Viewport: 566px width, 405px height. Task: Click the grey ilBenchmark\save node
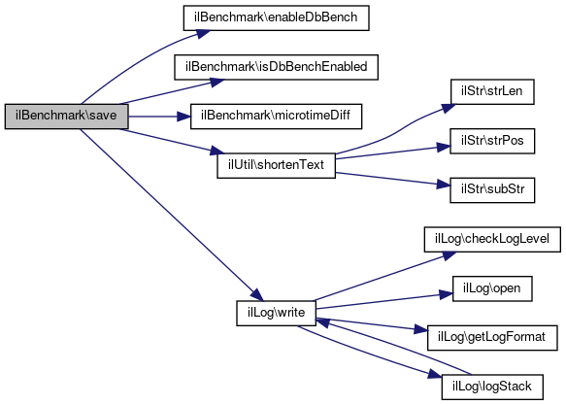(66, 117)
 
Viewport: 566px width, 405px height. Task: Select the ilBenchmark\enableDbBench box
(276, 17)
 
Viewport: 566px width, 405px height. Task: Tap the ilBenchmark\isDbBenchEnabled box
(276, 67)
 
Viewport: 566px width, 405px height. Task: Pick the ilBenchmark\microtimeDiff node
(276, 117)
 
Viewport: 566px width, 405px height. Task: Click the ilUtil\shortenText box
(276, 165)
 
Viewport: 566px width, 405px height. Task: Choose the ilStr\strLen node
(492, 91)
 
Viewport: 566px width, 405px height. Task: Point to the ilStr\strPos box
(492, 141)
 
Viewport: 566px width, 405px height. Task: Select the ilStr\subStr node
(492, 189)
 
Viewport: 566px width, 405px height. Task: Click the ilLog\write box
(276, 313)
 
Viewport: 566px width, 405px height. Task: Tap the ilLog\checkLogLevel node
(492, 239)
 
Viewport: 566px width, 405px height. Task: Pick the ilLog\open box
(492, 288)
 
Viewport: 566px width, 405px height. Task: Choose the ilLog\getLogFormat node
(492, 338)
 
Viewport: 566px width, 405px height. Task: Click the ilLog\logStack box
(492, 387)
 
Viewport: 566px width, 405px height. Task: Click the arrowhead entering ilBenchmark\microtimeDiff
(183, 117)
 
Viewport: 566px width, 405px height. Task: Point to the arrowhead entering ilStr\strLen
(449, 108)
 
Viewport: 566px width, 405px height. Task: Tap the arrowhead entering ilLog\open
(447, 294)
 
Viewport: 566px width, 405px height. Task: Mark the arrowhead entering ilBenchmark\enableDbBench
(203, 34)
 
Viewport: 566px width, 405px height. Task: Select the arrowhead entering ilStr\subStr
(444, 185)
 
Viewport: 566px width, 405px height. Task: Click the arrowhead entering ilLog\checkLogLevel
(449, 255)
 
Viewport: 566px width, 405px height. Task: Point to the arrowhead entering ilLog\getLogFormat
(421, 329)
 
